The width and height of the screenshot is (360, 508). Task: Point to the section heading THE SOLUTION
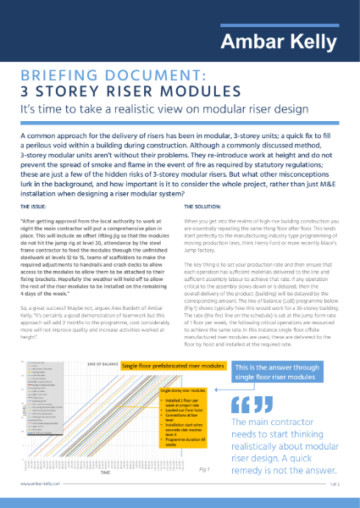pyautogui.click(x=202, y=206)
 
